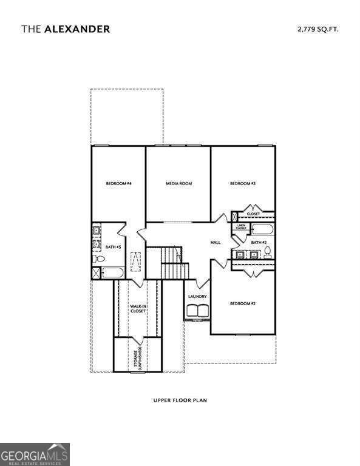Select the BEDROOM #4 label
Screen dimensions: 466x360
tap(119, 183)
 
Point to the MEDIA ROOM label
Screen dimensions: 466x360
tap(179, 183)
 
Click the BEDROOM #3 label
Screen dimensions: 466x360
tap(242, 183)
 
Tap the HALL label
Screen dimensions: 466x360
tap(216, 242)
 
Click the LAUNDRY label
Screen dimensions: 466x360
tap(197, 296)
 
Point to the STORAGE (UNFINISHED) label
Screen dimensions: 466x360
tap(138, 358)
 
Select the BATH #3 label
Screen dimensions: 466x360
tap(114, 247)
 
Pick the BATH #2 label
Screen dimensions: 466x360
tap(259, 242)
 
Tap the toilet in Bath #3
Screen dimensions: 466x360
tap(98, 259)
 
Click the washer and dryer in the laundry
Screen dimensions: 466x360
tap(197, 311)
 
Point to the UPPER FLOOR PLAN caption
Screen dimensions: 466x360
tap(180, 400)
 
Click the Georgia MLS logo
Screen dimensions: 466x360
tap(35, 454)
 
